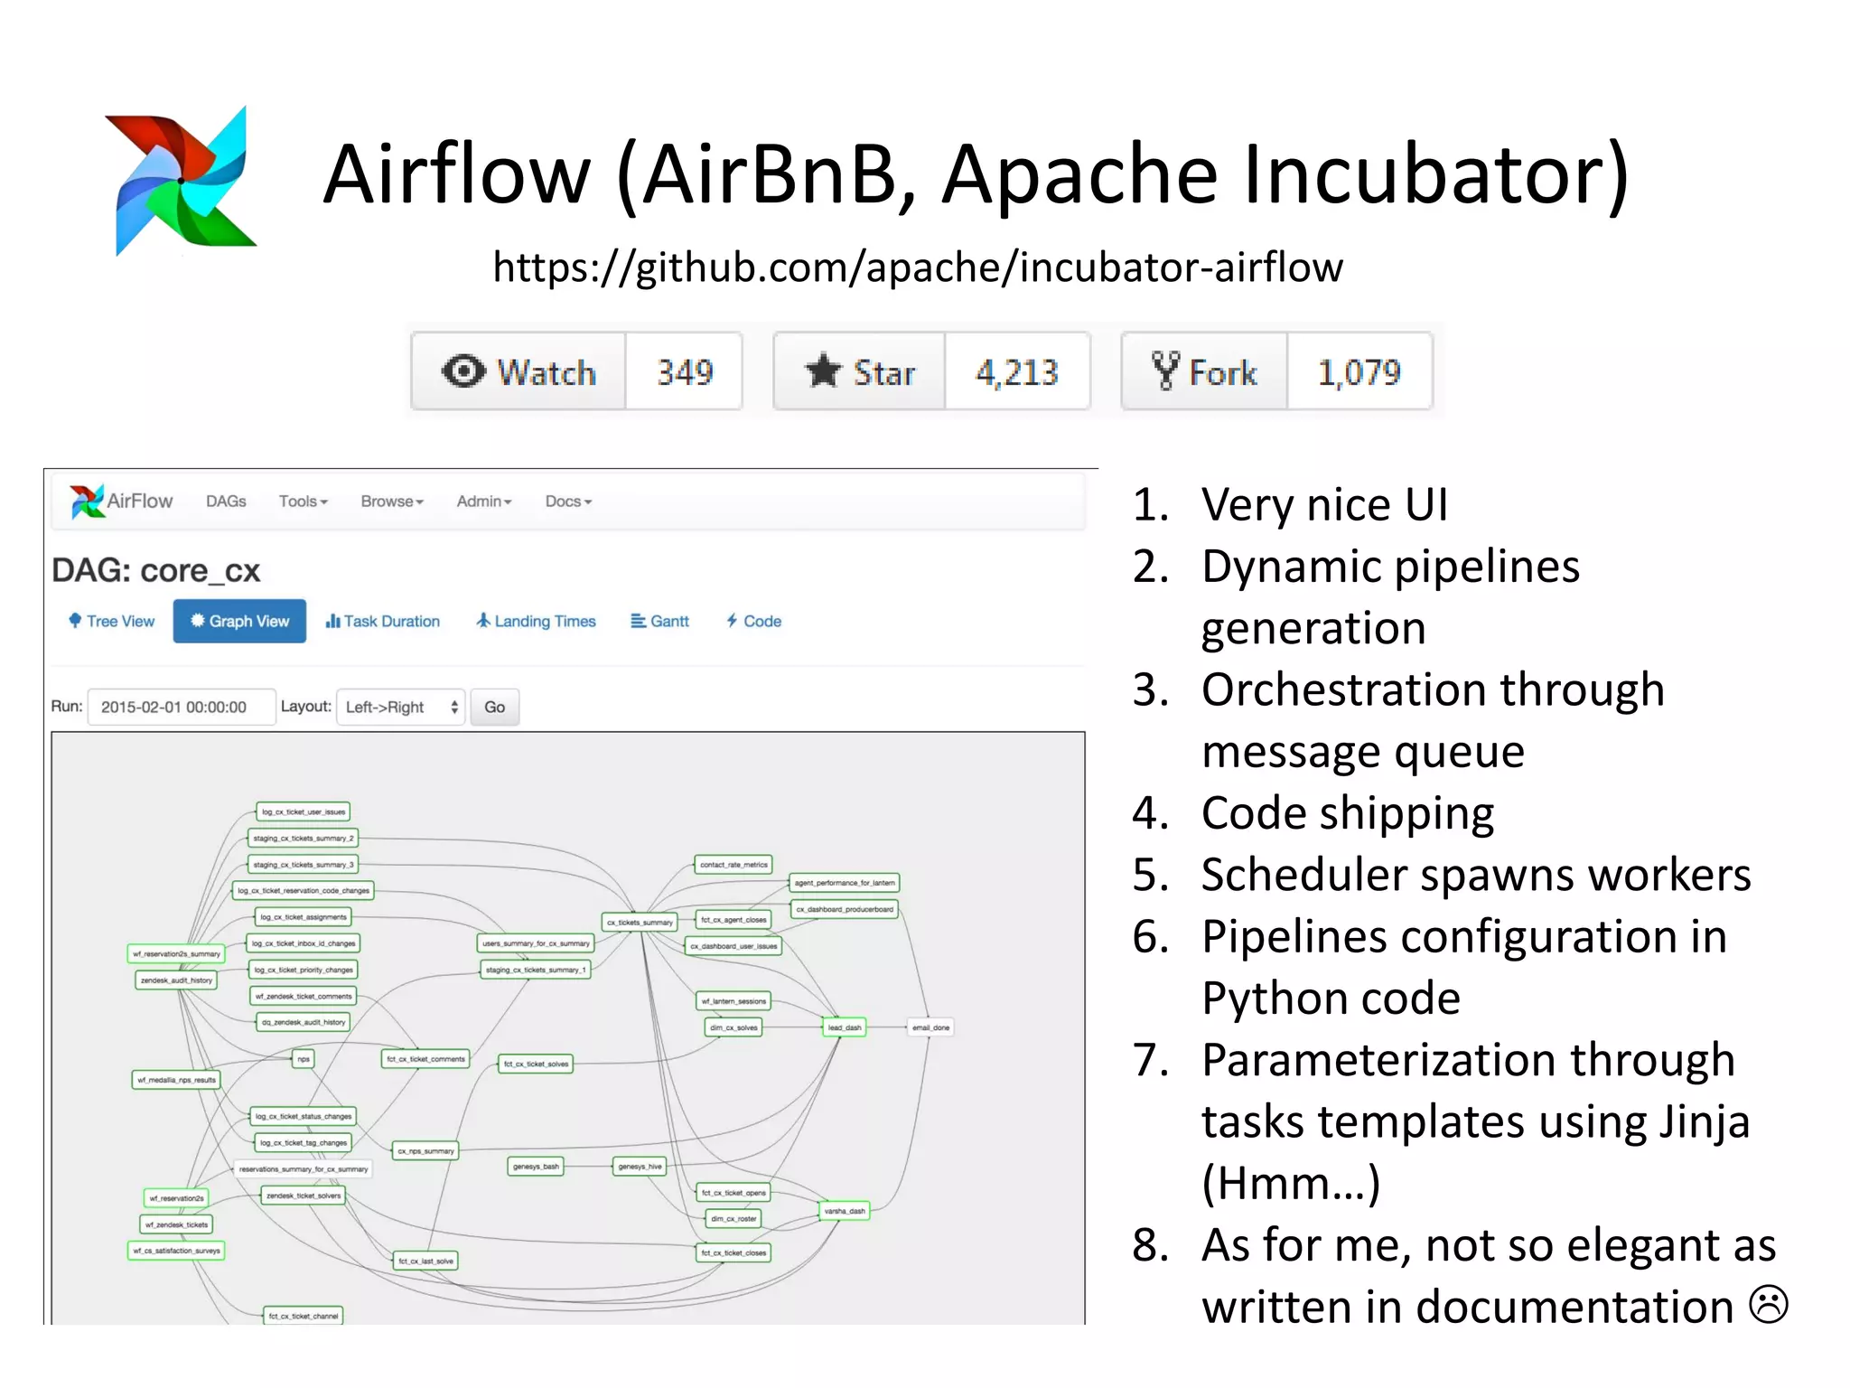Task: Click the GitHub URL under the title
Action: (x=917, y=267)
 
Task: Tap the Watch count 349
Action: (x=684, y=372)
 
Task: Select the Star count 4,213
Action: (x=1016, y=372)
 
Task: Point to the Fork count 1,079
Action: (x=1359, y=372)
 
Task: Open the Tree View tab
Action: (x=112, y=622)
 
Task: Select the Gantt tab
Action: (x=660, y=622)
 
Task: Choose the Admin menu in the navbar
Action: (x=483, y=502)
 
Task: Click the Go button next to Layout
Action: (x=494, y=707)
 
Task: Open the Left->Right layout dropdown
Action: (x=400, y=707)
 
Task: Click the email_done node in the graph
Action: (x=930, y=1027)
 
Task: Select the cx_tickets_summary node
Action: (x=640, y=923)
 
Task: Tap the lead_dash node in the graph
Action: (x=845, y=1027)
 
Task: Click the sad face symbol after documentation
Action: (x=1768, y=1305)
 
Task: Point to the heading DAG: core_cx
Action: (x=155, y=571)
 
